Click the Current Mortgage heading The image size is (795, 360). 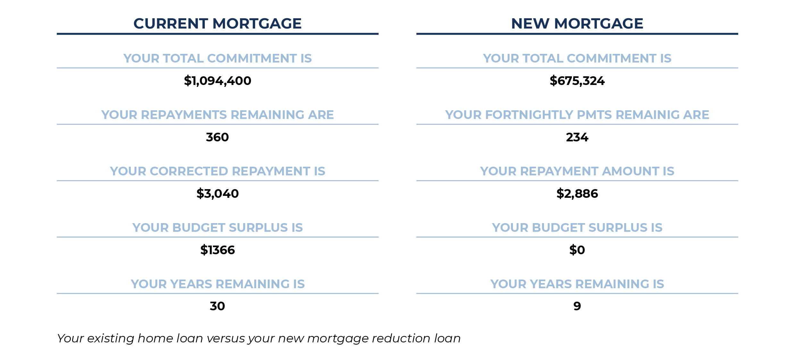pos(217,23)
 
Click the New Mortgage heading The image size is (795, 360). pos(577,23)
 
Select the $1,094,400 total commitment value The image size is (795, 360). pos(217,81)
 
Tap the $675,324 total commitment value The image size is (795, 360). pos(577,81)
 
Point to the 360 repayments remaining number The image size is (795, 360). pos(217,137)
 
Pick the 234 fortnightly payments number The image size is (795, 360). pos(577,137)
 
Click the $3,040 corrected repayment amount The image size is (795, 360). pos(217,194)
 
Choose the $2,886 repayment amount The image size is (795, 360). pos(577,194)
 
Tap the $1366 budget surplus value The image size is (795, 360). pos(217,250)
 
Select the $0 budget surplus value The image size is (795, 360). pos(577,250)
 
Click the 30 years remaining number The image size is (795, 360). pos(217,306)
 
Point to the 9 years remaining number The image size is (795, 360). pos(577,306)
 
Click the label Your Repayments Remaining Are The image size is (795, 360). pos(217,115)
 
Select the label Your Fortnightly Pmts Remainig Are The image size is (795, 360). pos(577,115)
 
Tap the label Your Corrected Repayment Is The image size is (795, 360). pos(217,171)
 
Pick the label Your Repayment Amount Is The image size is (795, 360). pos(577,171)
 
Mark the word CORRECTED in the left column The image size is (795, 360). pos(189,171)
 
